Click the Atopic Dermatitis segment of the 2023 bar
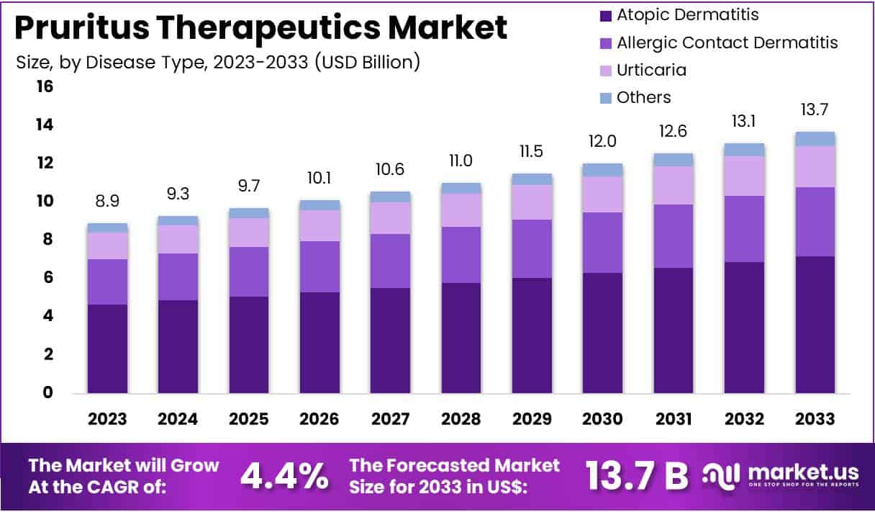pyautogui.click(x=108, y=349)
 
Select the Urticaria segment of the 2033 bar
pyautogui.click(x=815, y=166)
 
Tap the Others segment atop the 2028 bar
pyautogui.click(x=461, y=188)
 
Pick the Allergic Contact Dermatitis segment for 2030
pyautogui.click(x=603, y=243)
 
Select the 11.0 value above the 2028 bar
pyautogui.click(x=461, y=161)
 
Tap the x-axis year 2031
pyautogui.click(x=674, y=419)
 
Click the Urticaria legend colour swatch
pyautogui.click(x=605, y=71)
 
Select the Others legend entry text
pyautogui.click(x=643, y=97)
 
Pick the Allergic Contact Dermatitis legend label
pyautogui.click(x=727, y=42)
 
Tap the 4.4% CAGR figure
pyautogui.click(x=284, y=476)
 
